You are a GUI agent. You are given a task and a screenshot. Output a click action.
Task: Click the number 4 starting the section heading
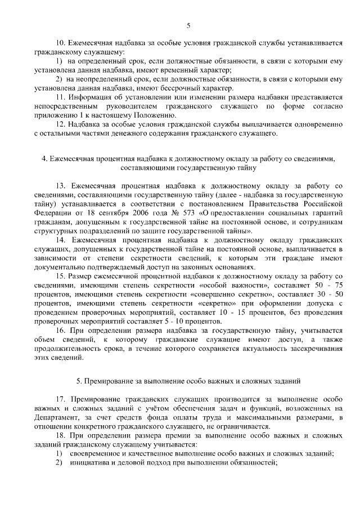tap(44, 159)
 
